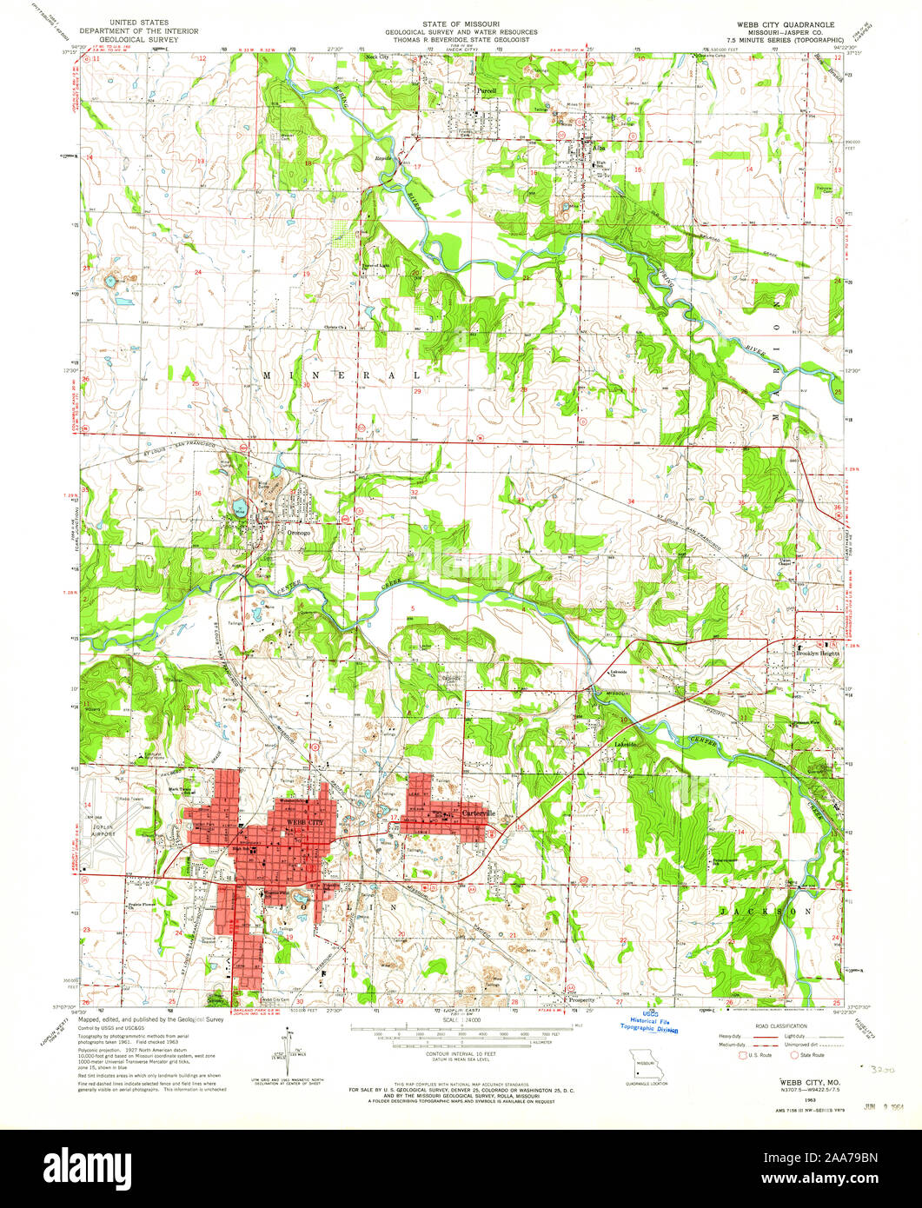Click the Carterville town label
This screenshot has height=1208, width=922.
pyautogui.click(x=477, y=813)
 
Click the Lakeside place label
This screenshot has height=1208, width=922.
pyautogui.click(x=627, y=745)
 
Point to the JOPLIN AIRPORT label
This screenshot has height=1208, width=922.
pyautogui.click(x=101, y=827)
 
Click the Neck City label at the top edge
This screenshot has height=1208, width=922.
pyautogui.click(x=376, y=56)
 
